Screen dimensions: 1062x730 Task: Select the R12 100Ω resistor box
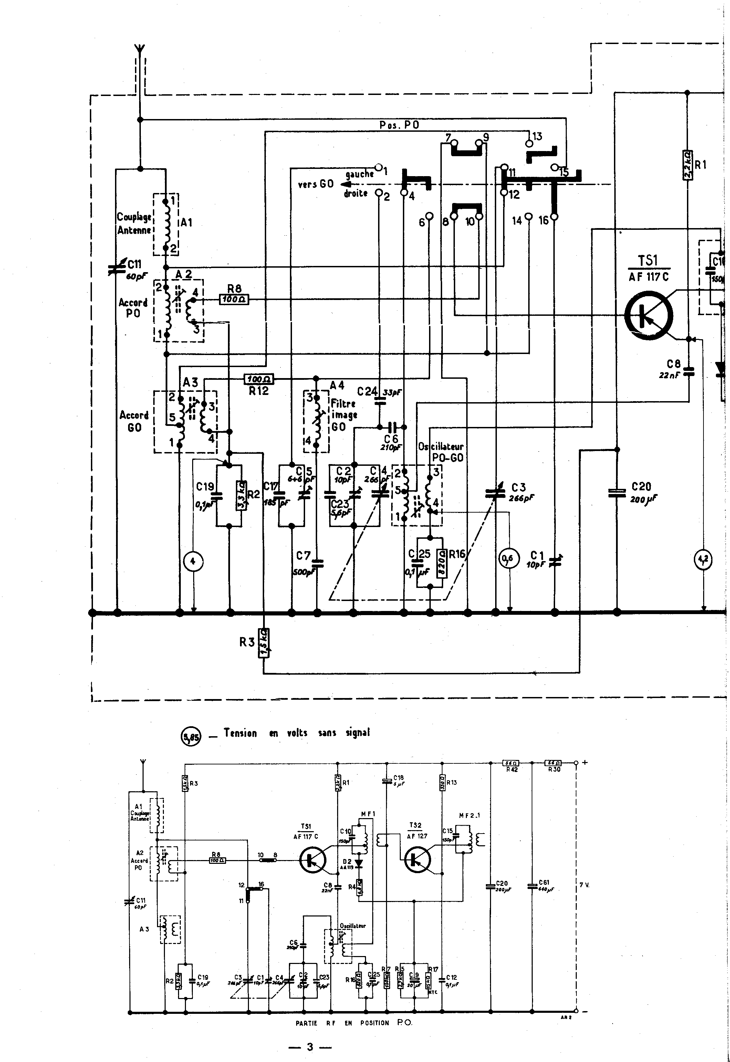pyautogui.click(x=259, y=379)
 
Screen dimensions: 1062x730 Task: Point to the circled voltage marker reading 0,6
pyautogui.click(x=509, y=558)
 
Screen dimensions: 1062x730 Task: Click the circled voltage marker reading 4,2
pyautogui.click(x=703, y=559)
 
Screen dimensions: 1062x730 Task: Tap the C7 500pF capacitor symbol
pyautogui.click(x=317, y=564)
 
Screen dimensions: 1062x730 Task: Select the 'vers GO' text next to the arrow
pyautogui.click(x=316, y=184)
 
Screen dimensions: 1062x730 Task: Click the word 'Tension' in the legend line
pyautogui.click(x=240, y=733)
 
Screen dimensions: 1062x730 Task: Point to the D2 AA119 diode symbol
pyautogui.click(x=358, y=863)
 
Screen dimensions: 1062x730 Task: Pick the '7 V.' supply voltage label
pyautogui.click(x=584, y=885)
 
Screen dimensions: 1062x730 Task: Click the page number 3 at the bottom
pyautogui.click(x=310, y=1047)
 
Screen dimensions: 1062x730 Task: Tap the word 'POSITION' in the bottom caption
pyautogui.click(x=374, y=1023)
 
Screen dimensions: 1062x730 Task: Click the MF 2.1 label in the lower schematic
pyautogui.click(x=469, y=815)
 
